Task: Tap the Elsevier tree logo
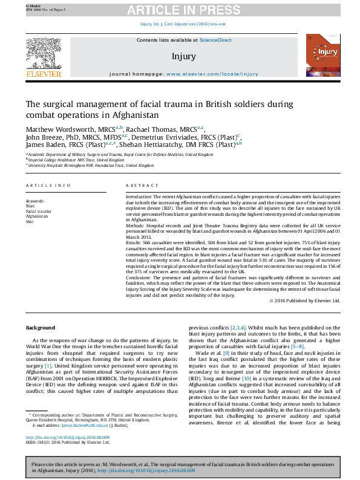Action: coord(43,54)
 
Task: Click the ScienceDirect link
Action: coord(215,40)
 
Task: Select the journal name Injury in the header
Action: coord(184,56)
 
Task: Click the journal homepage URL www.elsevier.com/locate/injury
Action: coord(212,73)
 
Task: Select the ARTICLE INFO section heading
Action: coord(48,185)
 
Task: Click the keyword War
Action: coord(29,221)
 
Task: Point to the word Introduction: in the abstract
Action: coord(138,198)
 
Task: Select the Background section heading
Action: coord(41,328)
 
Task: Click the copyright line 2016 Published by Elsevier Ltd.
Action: coord(309,300)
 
